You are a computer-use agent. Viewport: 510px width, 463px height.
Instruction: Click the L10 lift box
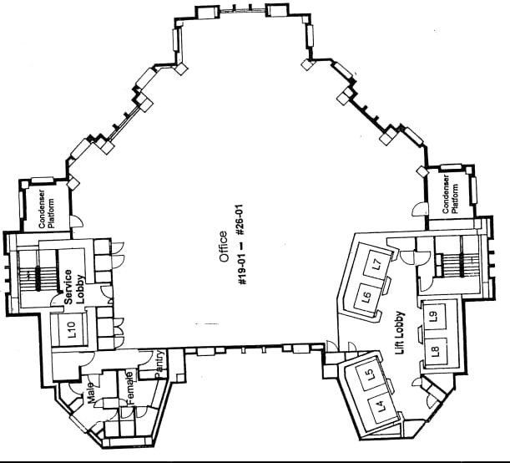coord(73,328)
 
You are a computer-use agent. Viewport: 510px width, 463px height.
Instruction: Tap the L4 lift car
coord(382,405)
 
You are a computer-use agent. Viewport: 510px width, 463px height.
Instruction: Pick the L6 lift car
coord(368,297)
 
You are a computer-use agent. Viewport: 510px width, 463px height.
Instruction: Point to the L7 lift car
coord(377,264)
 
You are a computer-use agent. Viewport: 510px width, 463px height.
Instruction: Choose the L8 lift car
coord(436,351)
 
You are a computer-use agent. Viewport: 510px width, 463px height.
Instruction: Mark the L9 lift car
coord(434,317)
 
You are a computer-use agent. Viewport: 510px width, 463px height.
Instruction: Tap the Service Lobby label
coord(73,287)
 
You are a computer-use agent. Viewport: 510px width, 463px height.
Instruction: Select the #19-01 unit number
coord(243,272)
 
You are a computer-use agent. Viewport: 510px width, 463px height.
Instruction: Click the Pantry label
coord(159,364)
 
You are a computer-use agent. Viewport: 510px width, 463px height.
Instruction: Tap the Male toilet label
coord(90,393)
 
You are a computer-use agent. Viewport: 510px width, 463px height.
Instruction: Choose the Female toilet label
coord(130,388)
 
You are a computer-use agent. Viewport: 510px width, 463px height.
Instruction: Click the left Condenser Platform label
coord(46,209)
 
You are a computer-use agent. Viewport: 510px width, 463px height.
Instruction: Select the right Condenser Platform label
coord(450,195)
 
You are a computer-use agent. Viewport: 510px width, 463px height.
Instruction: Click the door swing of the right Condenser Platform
coord(420,209)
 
